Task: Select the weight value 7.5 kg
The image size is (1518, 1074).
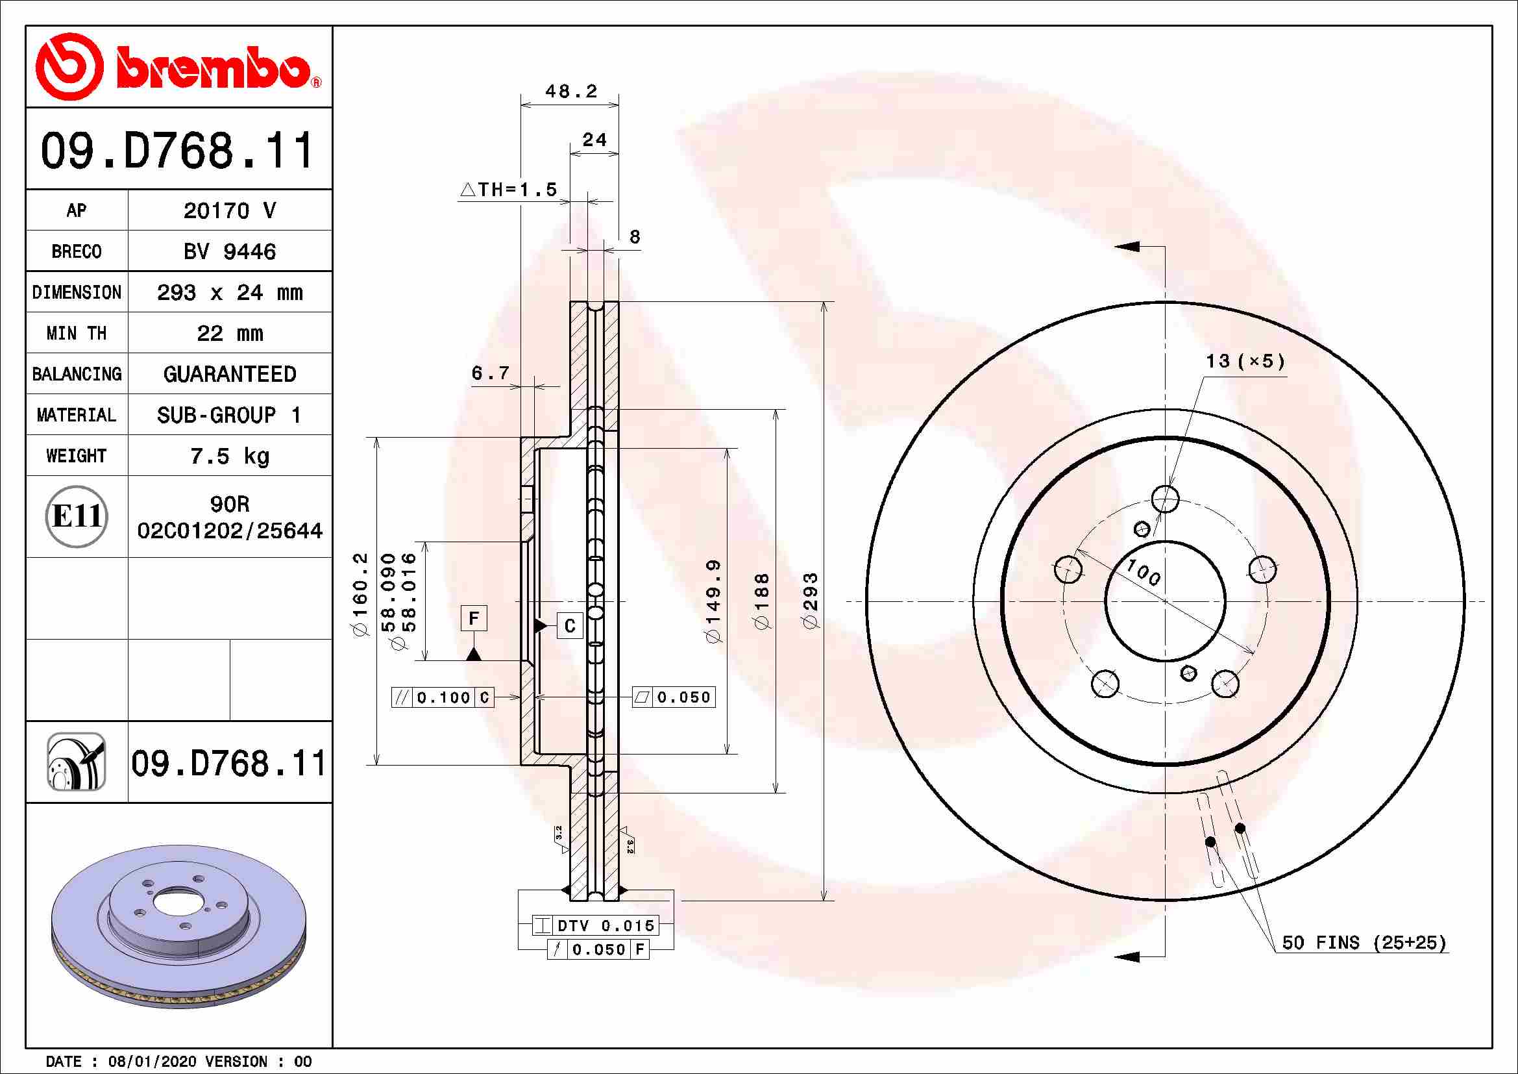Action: pos(229,456)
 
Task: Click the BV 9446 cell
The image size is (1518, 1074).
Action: pos(229,251)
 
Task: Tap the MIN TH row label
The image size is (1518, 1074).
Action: pos(77,333)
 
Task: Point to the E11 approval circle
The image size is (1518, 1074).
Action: pos(77,516)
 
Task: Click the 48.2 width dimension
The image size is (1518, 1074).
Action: pos(570,91)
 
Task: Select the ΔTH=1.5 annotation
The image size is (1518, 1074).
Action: pos(508,190)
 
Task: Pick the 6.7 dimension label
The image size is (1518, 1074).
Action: pos(490,373)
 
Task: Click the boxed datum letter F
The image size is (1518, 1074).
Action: pos(473,618)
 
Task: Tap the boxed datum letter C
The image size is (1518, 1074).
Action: pos(570,625)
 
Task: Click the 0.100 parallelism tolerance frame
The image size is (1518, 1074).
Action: pos(443,697)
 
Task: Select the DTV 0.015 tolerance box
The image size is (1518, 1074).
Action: pos(596,925)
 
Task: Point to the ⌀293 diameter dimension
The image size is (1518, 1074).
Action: pos(811,601)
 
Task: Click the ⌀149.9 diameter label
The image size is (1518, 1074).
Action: pos(714,601)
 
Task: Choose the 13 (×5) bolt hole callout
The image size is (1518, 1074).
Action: pos(1245,361)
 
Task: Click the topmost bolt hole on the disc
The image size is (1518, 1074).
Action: pos(1165,499)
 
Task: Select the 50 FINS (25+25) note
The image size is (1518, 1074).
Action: pos(1364,942)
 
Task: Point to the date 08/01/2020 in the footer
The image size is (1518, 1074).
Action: pos(152,1062)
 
